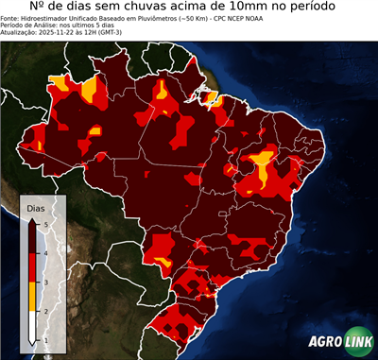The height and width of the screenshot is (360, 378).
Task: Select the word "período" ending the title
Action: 336,9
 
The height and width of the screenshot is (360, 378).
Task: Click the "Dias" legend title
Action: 35,207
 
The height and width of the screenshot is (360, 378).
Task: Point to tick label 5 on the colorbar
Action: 44,223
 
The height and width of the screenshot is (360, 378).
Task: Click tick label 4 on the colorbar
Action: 44,252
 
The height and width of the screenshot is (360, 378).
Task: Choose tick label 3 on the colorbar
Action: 44,282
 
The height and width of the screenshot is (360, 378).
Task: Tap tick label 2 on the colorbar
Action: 44,311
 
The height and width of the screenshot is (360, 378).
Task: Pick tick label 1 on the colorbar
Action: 44,340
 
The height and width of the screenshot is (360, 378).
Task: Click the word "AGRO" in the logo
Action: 324,343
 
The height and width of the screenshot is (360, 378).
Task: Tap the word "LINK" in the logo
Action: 356,343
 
